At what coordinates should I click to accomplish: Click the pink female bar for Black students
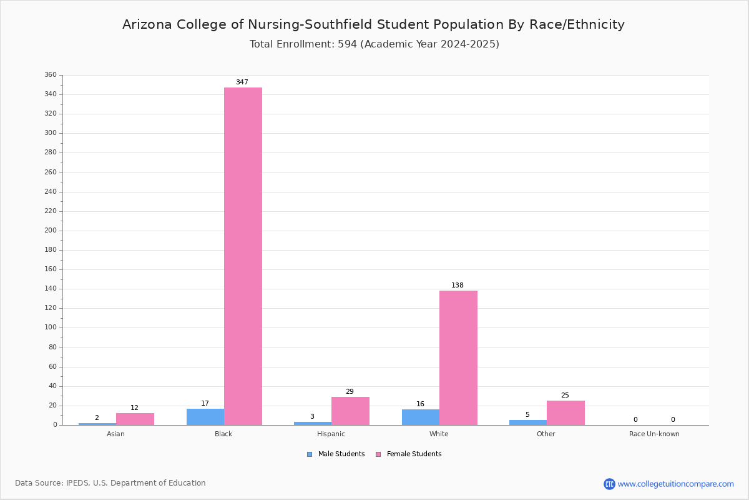tap(243, 256)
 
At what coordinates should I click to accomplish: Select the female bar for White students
tap(458, 358)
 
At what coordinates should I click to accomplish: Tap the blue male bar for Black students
tap(205, 417)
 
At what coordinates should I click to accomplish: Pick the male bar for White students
tap(421, 417)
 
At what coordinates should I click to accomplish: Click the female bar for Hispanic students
tap(350, 411)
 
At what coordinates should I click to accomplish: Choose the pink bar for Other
tap(565, 413)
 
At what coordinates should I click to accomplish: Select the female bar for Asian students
tap(135, 419)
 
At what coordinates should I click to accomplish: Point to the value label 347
tap(242, 82)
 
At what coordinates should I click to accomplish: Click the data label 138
tap(458, 285)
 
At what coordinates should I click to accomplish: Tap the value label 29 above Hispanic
tap(350, 391)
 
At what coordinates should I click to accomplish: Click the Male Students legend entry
tap(336, 454)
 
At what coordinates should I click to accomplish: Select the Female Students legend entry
tap(409, 454)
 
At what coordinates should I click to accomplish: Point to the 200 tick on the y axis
tap(51, 231)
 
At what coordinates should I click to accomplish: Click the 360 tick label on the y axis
tap(51, 74)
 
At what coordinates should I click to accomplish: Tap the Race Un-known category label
tap(654, 434)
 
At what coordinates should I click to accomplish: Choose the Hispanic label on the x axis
tap(331, 434)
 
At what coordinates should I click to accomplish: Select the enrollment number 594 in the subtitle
tap(348, 44)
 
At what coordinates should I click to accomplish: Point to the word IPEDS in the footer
tap(77, 483)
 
